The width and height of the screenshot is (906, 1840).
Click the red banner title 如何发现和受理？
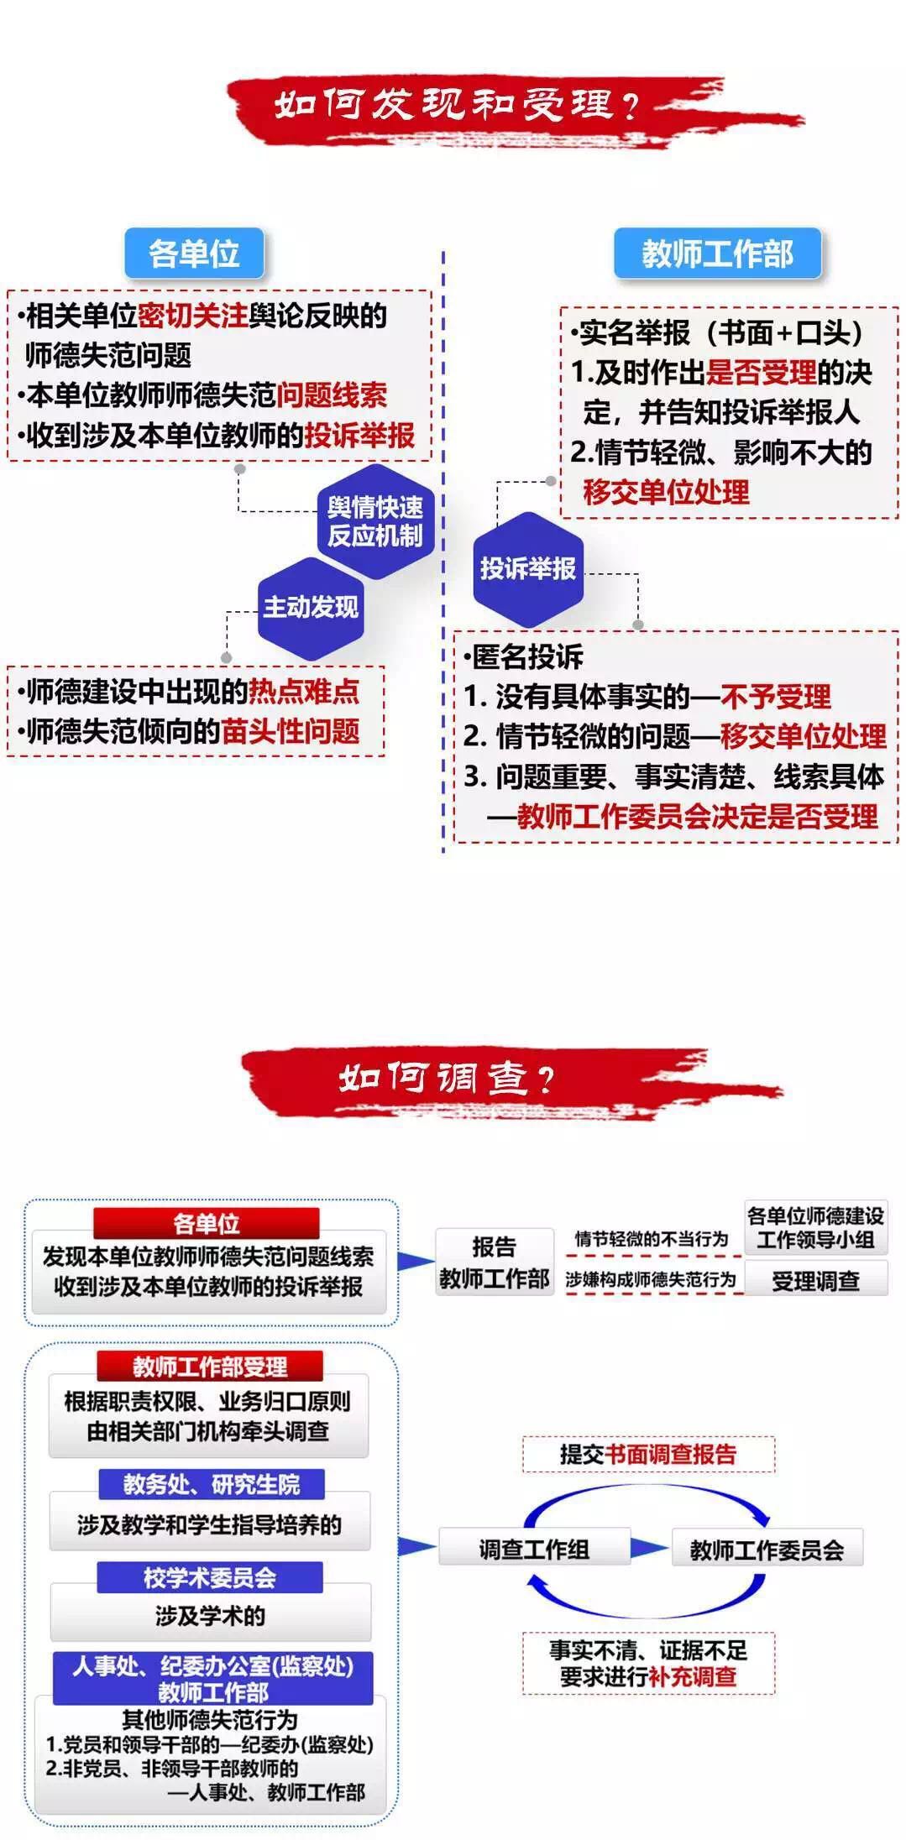(x=458, y=105)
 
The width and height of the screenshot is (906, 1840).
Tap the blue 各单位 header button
(x=194, y=253)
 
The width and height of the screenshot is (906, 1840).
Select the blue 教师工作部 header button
(x=717, y=253)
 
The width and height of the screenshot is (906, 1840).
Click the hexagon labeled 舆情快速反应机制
(x=375, y=521)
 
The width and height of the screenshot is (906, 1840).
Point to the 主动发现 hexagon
(x=311, y=607)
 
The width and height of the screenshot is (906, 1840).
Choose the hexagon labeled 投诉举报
(x=527, y=568)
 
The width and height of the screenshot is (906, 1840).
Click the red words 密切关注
(x=192, y=316)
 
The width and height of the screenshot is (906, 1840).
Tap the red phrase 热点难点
(x=304, y=691)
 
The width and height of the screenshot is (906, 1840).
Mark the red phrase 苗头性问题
(x=291, y=731)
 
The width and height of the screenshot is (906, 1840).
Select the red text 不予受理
(x=775, y=696)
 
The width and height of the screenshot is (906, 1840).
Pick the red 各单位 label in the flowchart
(x=207, y=1223)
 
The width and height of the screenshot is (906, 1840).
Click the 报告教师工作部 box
(x=494, y=1262)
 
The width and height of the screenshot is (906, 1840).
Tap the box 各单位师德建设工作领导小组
(x=815, y=1227)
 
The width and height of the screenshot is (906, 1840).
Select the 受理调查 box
(x=815, y=1281)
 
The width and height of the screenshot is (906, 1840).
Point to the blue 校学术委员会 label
(x=210, y=1577)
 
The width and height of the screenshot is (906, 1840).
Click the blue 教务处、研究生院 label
(x=211, y=1484)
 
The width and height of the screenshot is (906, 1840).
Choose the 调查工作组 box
(x=534, y=1549)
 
